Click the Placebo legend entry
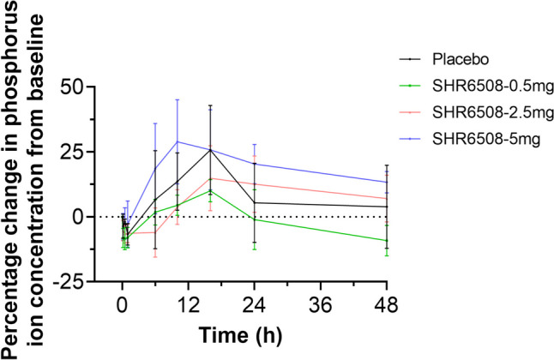point(463,60)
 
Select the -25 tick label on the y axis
point(78,280)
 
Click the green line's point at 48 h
point(387,241)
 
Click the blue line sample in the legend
point(413,137)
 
